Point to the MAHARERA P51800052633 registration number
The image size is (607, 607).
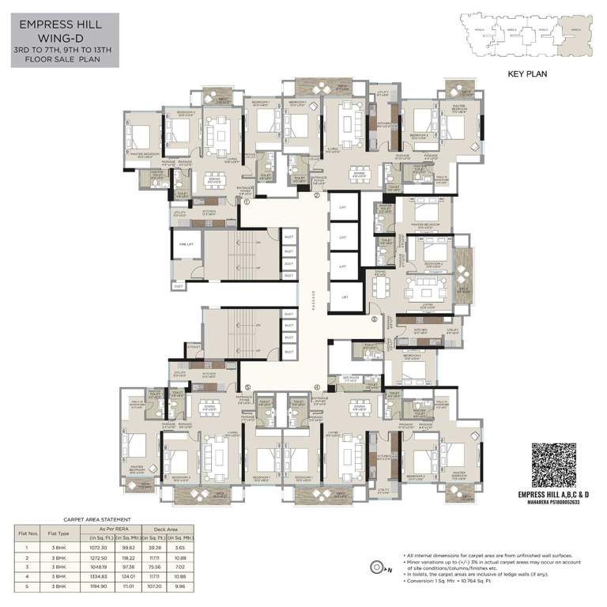[559, 503]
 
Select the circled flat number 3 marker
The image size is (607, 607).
[374, 319]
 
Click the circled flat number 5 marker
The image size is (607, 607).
[247, 387]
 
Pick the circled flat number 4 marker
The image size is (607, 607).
[317, 387]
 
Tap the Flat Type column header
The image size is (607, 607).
[58, 532]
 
